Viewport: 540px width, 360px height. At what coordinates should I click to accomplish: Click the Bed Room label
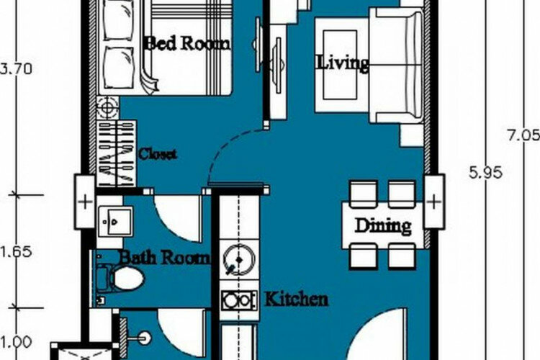coord(188,44)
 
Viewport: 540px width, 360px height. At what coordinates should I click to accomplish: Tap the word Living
coord(343,63)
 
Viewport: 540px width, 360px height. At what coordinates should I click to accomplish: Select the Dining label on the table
coord(383,226)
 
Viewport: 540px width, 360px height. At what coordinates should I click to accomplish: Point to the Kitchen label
coord(296,299)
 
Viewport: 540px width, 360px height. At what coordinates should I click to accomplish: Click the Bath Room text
coord(165,257)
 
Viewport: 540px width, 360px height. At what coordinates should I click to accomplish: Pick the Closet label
coord(158,154)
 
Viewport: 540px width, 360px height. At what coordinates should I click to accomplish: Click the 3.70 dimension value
coord(17,69)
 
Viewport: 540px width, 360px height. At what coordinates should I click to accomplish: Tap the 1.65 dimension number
coord(17,252)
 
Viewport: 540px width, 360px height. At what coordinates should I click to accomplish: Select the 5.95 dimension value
coord(486,172)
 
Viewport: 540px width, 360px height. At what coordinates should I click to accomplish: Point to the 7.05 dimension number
coord(523,135)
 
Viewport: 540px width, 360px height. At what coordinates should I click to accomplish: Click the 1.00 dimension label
coord(17,343)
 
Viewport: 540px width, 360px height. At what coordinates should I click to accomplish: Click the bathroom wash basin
coord(114,221)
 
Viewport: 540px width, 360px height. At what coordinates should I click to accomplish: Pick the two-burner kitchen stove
coord(239,300)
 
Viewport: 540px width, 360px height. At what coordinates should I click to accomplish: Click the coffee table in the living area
coord(341,65)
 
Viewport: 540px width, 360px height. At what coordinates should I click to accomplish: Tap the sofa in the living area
coord(396,66)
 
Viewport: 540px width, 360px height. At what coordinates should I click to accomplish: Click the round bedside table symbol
coord(108,108)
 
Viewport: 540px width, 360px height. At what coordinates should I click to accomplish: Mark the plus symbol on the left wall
coord(85,202)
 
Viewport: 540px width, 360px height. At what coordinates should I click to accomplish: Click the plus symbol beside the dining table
coord(434,202)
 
